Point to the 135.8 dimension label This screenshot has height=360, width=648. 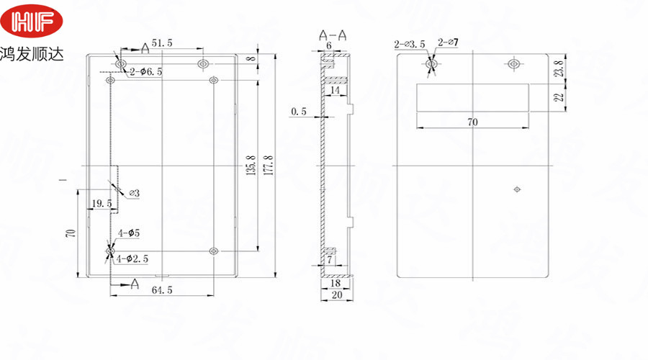click(x=251, y=166)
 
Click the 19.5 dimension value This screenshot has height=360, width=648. click(x=100, y=204)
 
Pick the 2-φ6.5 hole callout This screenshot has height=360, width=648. click(x=145, y=71)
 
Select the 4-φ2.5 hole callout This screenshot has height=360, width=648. click(x=138, y=258)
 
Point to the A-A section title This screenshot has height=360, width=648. click(x=331, y=34)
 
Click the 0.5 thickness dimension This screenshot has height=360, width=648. click(x=298, y=112)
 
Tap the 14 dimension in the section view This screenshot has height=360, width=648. click(x=335, y=90)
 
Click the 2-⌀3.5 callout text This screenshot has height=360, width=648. click(x=410, y=45)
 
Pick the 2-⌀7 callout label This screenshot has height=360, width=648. click(x=448, y=45)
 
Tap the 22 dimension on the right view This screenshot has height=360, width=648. click(x=559, y=98)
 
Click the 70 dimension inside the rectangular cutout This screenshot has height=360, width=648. click(x=472, y=122)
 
